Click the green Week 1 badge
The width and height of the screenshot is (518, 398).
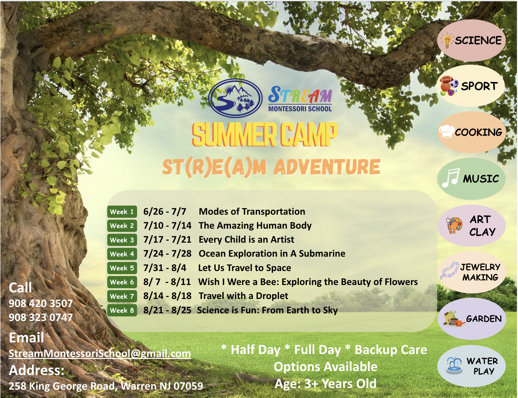click(122, 212)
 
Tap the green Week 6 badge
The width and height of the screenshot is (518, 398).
click(122, 282)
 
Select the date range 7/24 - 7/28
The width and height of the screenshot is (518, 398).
click(167, 254)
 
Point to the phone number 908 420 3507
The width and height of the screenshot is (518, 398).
click(41, 303)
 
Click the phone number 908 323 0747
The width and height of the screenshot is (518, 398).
click(41, 317)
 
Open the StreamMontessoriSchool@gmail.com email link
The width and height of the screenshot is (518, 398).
click(100, 353)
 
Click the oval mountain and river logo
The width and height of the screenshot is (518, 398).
click(235, 98)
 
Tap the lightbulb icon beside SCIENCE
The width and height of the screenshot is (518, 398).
click(447, 41)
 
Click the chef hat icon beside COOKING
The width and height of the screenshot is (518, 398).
click(447, 131)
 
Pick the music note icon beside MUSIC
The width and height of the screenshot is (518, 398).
click(450, 178)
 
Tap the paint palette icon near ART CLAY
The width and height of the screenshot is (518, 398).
click(454, 225)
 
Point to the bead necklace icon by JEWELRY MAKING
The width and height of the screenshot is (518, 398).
click(450, 270)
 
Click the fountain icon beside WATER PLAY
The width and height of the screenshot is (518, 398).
click(454, 366)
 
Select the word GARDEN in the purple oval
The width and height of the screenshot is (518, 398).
click(484, 319)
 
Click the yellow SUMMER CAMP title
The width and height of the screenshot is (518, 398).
click(265, 134)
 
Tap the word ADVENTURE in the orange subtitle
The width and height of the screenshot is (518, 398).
click(327, 167)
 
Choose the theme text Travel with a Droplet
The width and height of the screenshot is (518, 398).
click(243, 296)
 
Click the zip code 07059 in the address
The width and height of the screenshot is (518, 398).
click(188, 386)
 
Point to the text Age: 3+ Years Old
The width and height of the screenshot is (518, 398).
click(326, 384)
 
